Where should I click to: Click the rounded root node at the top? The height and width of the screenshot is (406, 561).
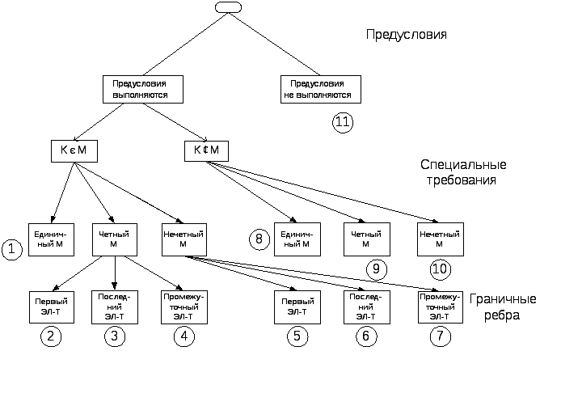click(x=229, y=7)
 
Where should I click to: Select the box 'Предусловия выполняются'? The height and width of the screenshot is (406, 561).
click(x=140, y=89)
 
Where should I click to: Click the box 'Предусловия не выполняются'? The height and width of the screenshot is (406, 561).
click(x=321, y=89)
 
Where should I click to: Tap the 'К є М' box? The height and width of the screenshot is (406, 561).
click(x=74, y=150)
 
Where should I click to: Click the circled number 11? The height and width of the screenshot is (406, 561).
click(x=343, y=121)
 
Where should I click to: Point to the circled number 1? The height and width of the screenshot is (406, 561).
click(x=12, y=250)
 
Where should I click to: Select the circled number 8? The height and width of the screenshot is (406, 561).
click(x=259, y=239)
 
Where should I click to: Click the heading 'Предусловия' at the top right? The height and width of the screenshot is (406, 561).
click(x=407, y=36)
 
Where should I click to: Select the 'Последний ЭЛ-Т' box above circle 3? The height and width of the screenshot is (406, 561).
click(x=115, y=305)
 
